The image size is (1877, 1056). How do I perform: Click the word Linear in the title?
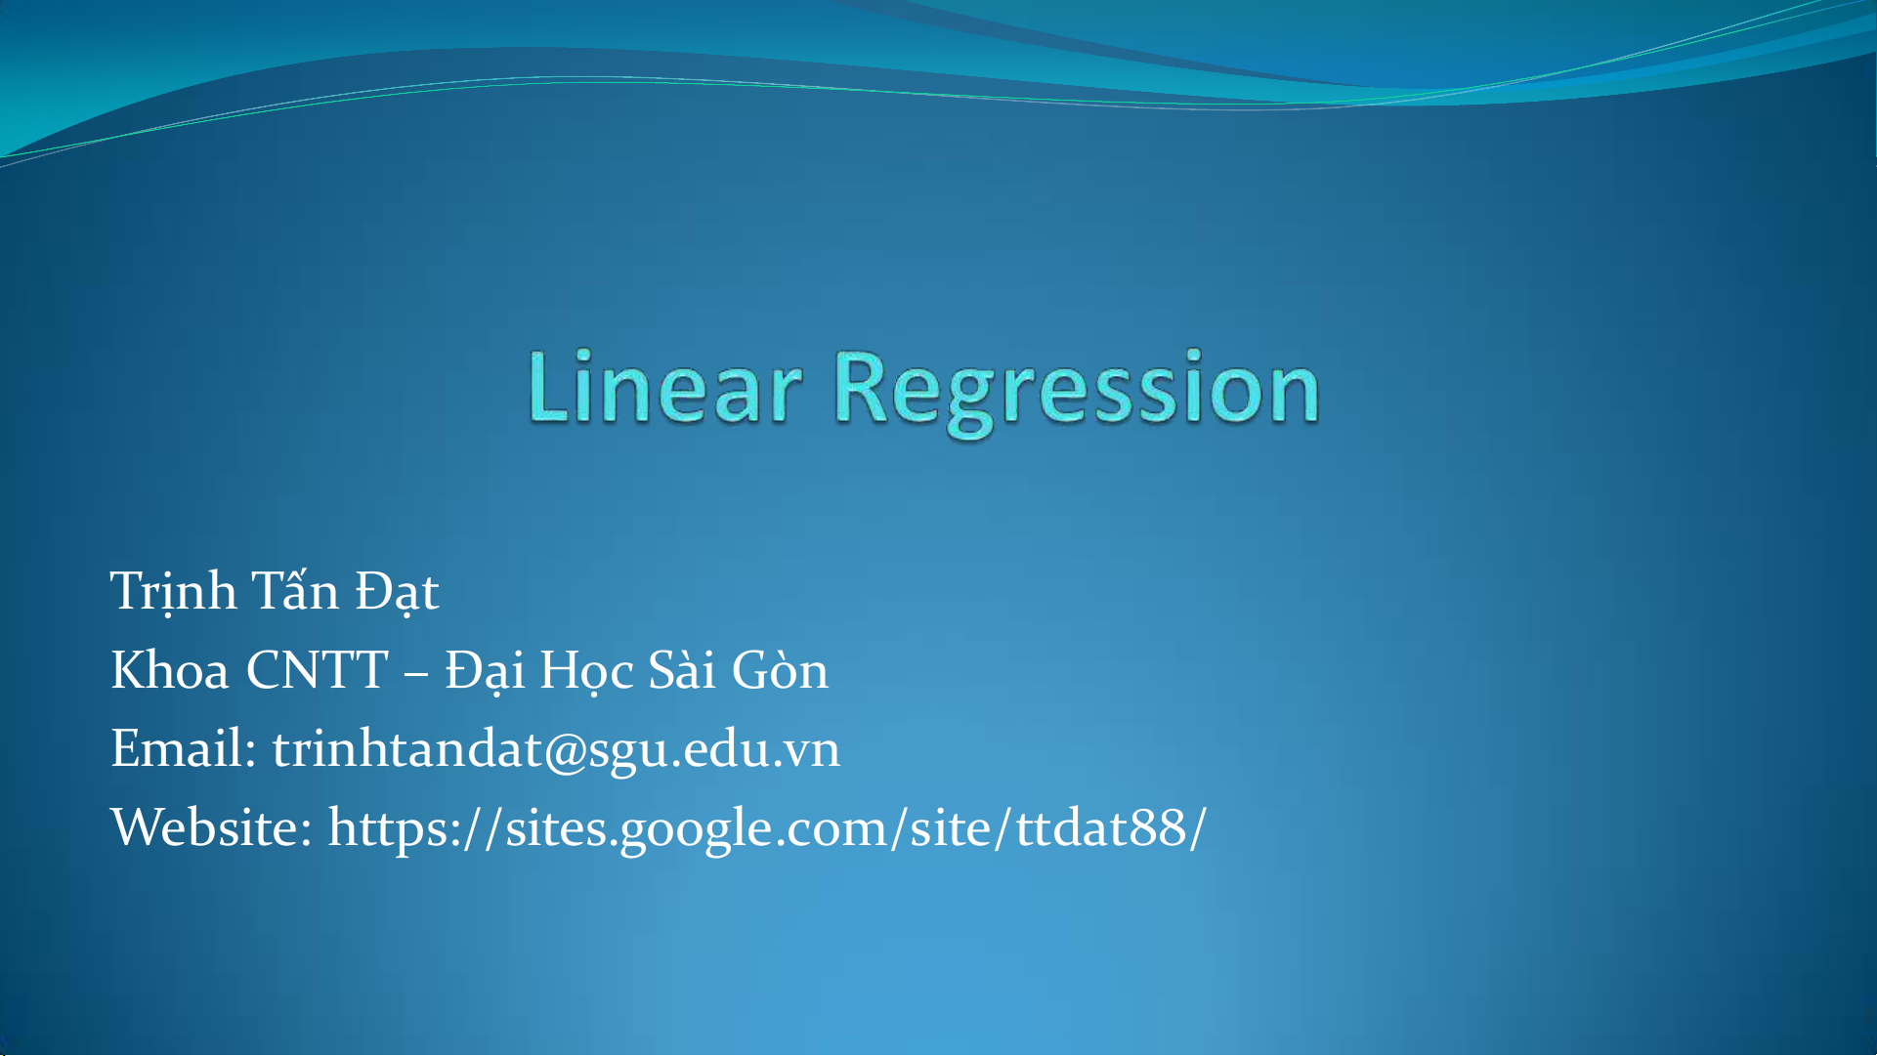click(x=664, y=387)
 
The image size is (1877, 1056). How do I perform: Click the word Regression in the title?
click(x=1077, y=393)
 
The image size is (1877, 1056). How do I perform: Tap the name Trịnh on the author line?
click(x=173, y=591)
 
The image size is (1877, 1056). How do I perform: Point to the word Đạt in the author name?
click(x=397, y=591)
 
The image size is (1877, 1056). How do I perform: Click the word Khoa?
click(x=170, y=670)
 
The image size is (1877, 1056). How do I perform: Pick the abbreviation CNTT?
click(x=318, y=670)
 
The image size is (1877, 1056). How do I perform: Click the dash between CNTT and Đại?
click(x=416, y=674)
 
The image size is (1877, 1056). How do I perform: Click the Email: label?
click(x=184, y=749)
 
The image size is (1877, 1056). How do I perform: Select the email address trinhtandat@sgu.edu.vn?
click(x=556, y=750)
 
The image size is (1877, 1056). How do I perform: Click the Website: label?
click(x=211, y=828)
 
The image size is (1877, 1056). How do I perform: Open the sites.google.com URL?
click(x=767, y=828)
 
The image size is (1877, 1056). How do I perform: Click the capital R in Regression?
click(x=864, y=387)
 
